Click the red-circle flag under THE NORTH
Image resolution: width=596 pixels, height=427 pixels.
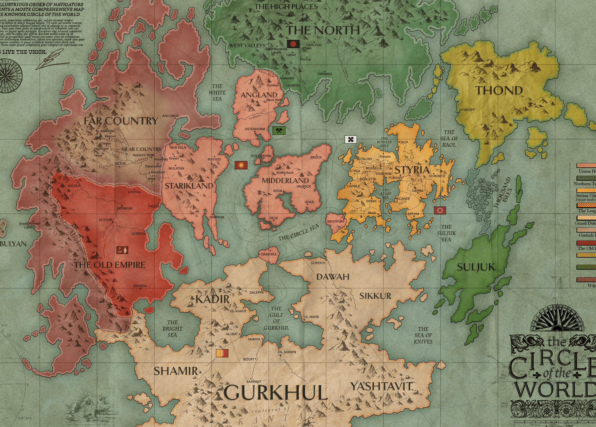click(293, 44)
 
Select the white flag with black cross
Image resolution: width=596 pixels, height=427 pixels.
click(350, 139)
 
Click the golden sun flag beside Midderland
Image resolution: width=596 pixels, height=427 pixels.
click(241, 165)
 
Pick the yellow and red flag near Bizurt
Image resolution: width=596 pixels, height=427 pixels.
click(222, 353)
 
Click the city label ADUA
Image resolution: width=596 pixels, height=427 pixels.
click(278, 191)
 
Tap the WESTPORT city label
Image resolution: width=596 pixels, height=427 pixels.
click(336, 221)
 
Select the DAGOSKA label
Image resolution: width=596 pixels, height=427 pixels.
click(269, 254)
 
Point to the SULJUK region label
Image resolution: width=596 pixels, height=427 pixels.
click(476, 267)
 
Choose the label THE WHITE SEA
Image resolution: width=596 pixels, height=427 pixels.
click(217, 92)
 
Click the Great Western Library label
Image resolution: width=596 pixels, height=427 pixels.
click(29, 225)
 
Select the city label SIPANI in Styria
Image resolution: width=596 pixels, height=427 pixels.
click(371, 201)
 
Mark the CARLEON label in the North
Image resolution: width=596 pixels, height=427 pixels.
click(314, 45)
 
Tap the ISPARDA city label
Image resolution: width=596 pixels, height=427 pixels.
click(140, 286)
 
